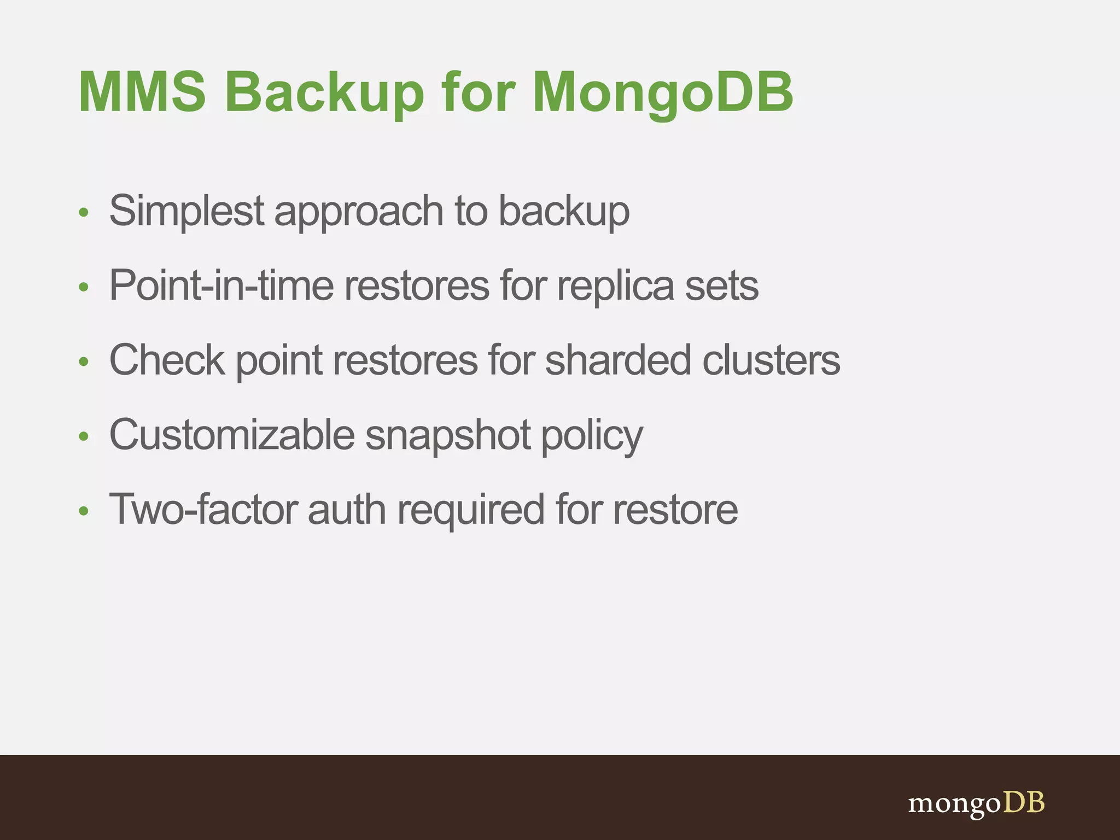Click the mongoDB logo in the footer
pyautogui.click(x=976, y=803)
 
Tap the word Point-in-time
pyautogui.click(x=221, y=285)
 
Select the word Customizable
pyautogui.click(x=232, y=435)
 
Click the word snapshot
pyautogui.click(x=448, y=436)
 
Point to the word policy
pyautogui.click(x=592, y=436)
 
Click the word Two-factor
pyautogui.click(x=203, y=509)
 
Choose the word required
pyautogui.click(x=470, y=510)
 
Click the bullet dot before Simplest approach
pyautogui.click(x=83, y=212)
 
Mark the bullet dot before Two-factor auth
pyautogui.click(x=83, y=511)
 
